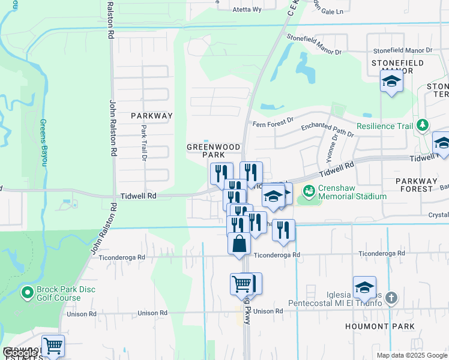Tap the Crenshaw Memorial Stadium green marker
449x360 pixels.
click(309, 192)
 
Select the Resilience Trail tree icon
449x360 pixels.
click(423, 125)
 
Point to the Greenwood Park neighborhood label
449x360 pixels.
click(213, 151)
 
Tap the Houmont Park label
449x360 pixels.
click(380, 326)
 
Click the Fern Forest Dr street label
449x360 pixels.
click(273, 122)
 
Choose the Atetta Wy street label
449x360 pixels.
click(249, 10)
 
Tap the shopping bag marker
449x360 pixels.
click(239, 244)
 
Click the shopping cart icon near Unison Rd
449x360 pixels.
click(241, 283)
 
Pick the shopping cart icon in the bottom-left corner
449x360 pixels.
click(53, 345)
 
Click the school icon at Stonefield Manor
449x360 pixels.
click(391, 82)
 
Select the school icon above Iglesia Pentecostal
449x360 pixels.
click(364, 287)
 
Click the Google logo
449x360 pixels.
click(19, 353)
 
